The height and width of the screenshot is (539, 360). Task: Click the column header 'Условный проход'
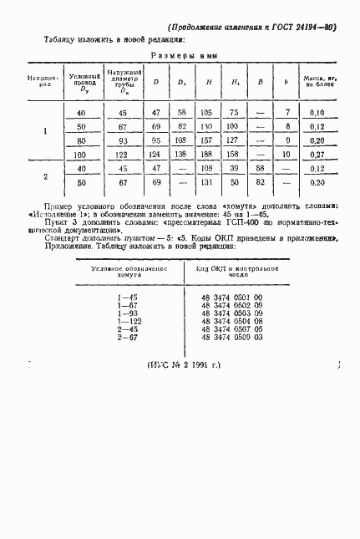click(81, 80)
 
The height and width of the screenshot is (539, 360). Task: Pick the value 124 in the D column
click(155, 155)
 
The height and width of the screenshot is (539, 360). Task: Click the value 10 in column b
click(288, 155)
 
